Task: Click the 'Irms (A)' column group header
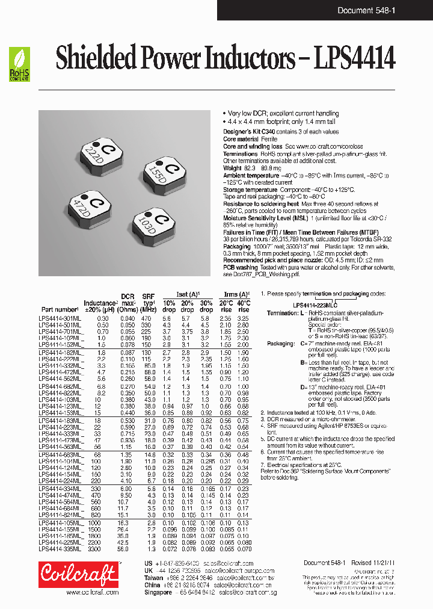tap(234, 295)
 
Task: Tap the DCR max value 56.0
tap(123, 549)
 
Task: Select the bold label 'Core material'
tap(241, 139)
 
